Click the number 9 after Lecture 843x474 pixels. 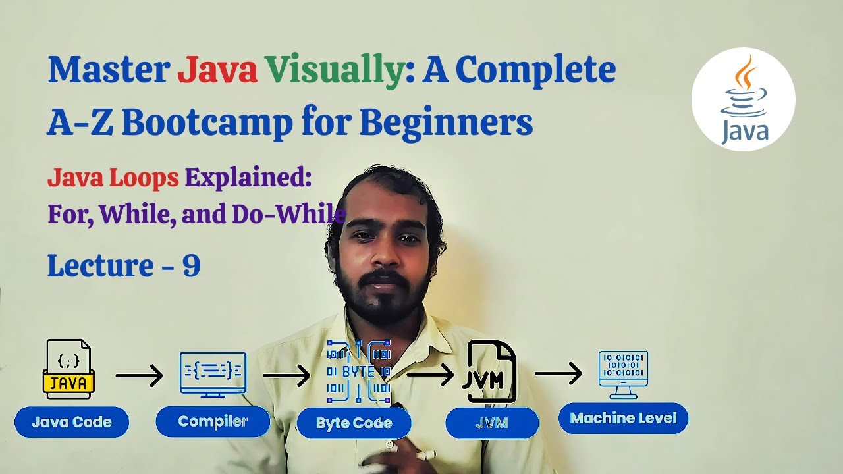click(191, 265)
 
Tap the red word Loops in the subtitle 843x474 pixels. click(146, 178)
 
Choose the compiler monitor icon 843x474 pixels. click(213, 374)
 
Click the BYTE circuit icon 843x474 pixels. click(359, 372)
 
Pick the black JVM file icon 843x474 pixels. click(491, 372)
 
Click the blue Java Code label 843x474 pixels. click(72, 422)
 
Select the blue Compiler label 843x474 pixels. click(213, 421)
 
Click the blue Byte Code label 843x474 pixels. click(354, 423)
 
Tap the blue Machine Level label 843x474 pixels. click(623, 418)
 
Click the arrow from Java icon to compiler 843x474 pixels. click(139, 376)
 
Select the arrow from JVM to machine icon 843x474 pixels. click(558, 374)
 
